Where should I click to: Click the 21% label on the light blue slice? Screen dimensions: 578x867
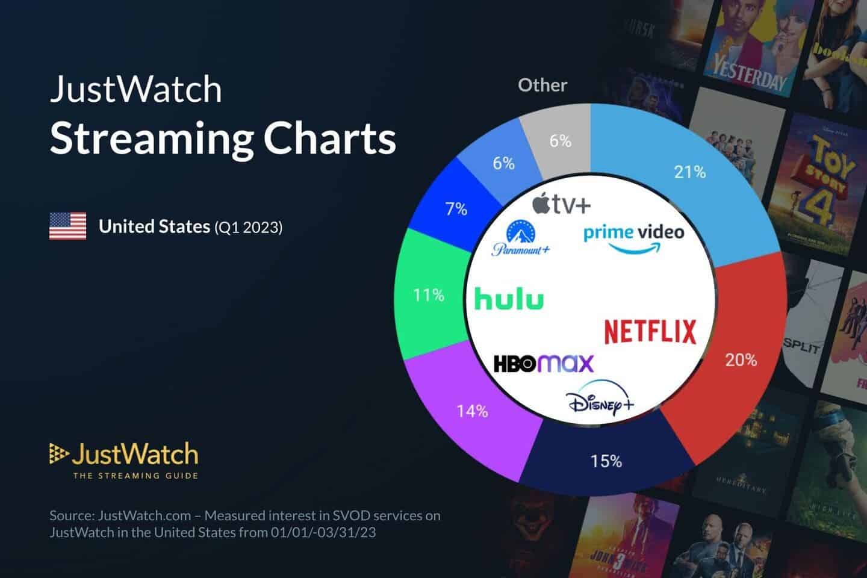tap(689, 172)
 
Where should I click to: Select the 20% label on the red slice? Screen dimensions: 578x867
tap(741, 360)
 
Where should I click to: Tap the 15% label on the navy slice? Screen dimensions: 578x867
tap(606, 461)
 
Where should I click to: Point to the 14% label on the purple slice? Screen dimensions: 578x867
tap(472, 411)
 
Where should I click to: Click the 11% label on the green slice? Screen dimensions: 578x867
tap(428, 295)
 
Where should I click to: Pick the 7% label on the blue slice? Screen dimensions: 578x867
tap(456, 209)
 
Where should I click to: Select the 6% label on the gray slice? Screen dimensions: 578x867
tap(560, 141)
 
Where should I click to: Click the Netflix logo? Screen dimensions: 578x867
tap(650, 332)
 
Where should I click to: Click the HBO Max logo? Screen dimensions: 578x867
tap(543, 364)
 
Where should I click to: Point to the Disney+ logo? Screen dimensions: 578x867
tap(600, 399)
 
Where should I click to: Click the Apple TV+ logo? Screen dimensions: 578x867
tap(561, 204)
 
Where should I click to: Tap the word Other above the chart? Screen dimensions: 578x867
tap(542, 85)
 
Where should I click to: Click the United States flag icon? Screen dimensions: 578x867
tap(67, 226)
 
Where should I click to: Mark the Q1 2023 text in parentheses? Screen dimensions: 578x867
tap(248, 227)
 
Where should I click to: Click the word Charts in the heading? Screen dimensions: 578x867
tap(330, 138)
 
